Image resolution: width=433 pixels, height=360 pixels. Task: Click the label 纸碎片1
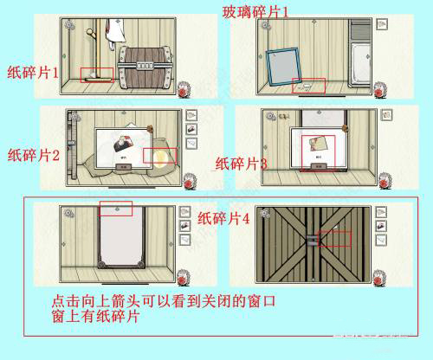coord(32,74)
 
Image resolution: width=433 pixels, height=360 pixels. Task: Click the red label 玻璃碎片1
coord(255,10)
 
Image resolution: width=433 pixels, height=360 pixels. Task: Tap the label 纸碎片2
coord(33,156)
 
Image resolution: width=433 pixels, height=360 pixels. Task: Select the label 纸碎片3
coord(241,163)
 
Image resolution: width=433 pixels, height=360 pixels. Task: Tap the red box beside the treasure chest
coord(96,74)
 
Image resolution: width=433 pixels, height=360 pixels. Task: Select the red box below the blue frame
coord(308,85)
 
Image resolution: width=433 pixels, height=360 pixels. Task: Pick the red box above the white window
coord(116,209)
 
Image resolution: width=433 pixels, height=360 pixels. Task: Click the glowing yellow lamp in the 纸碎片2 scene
coord(162,155)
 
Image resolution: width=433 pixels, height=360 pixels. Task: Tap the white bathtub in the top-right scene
coord(359,65)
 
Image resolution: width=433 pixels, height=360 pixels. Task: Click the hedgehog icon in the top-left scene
coord(184,91)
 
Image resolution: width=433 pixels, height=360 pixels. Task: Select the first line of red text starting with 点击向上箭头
coord(167,303)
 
